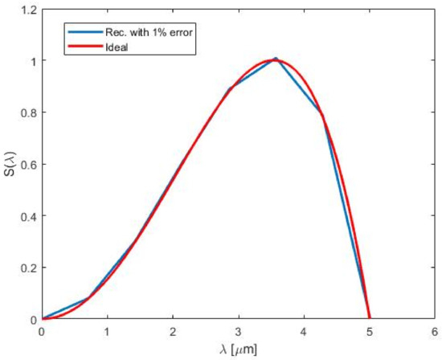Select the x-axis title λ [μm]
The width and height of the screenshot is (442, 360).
(238, 350)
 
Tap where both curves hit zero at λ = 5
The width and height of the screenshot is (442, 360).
(369, 319)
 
